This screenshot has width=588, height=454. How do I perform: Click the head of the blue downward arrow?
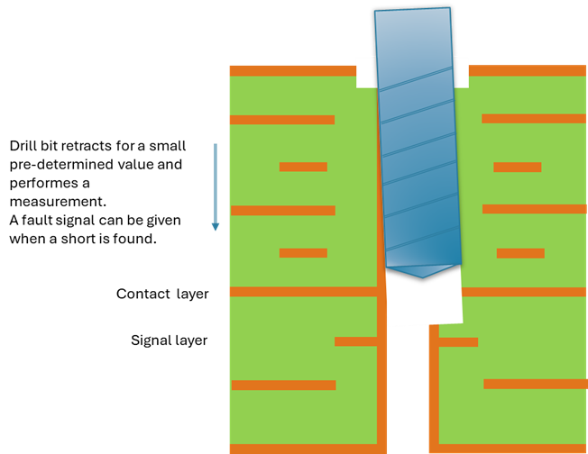tap(216, 226)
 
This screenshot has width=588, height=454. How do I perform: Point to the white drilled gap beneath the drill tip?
tap(424, 302)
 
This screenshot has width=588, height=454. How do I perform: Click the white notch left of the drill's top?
tap(365, 72)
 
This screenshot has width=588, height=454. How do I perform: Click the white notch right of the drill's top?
tap(461, 72)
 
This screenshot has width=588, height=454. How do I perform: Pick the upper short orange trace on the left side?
tap(303, 167)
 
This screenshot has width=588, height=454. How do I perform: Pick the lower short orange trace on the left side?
tap(303, 253)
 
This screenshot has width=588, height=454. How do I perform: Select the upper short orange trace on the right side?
tap(517, 167)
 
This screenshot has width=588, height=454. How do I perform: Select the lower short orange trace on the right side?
tap(520, 253)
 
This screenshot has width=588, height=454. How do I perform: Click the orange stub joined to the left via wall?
tap(355, 341)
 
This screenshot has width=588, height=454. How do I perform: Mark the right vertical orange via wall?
tap(434, 387)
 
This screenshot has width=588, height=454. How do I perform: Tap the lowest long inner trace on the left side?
tap(283, 385)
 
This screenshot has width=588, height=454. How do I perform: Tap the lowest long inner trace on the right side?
tap(535, 384)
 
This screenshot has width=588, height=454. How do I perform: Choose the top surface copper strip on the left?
tap(292, 70)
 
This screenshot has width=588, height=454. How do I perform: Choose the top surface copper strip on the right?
tap(528, 70)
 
